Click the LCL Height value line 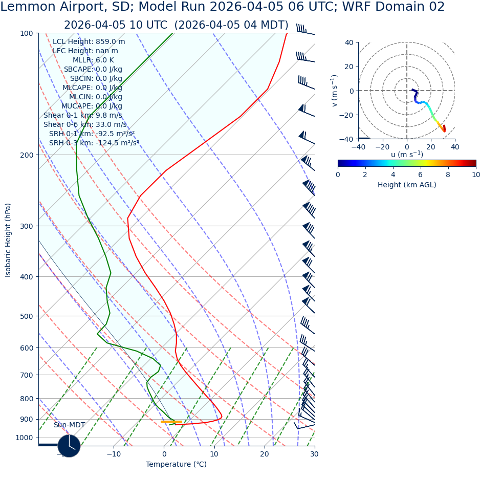tap(89, 42)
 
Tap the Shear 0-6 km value tap(85, 125)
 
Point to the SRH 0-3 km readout tap(94, 143)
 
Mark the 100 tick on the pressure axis tap(27, 34)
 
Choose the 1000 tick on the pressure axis tap(25, 438)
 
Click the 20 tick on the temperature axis tap(265, 454)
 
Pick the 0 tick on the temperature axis tap(164, 454)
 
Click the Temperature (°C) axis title tap(176, 465)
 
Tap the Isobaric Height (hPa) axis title tap(8, 240)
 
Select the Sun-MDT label tap(69, 425)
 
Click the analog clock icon tap(69, 446)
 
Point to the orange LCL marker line tap(171, 422)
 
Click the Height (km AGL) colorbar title tap(407, 185)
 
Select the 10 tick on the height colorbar tap(475, 175)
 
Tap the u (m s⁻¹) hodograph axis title tap(407, 155)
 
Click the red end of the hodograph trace tap(444, 128)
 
